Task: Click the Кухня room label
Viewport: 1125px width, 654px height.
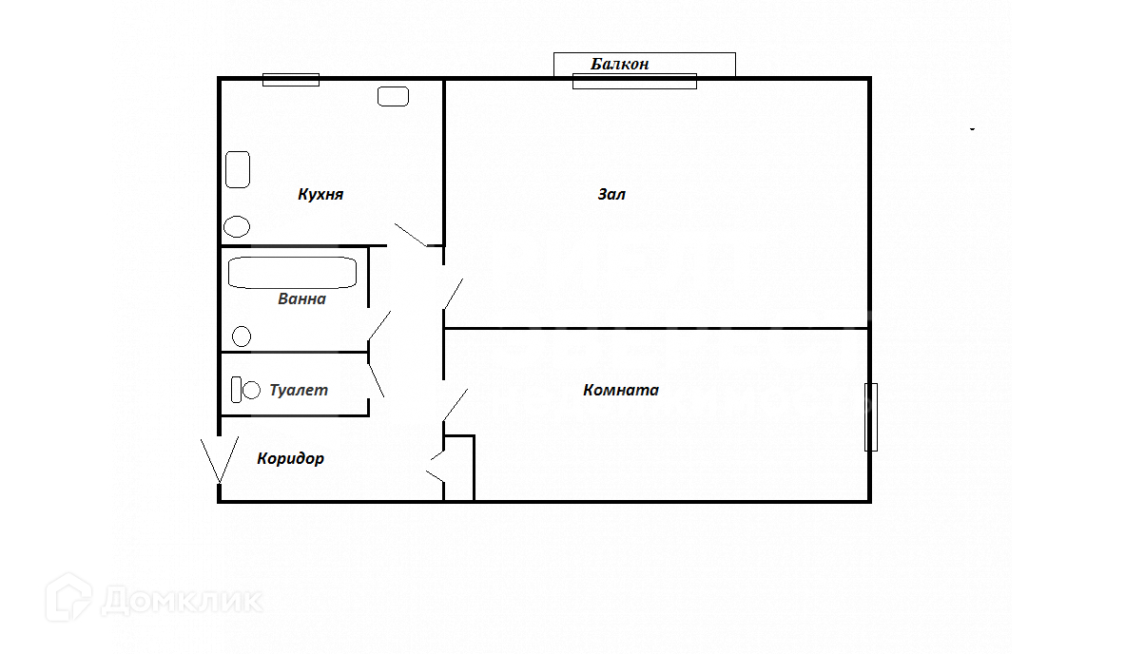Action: coord(320,194)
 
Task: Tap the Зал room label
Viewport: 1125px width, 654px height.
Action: coord(611,194)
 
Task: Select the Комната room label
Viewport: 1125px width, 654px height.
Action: coord(621,390)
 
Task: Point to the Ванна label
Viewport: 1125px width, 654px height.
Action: coord(302,299)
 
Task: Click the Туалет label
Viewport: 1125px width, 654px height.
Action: coord(299,390)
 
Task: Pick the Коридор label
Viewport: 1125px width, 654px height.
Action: coord(291,458)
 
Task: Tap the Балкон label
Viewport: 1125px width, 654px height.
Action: coord(620,64)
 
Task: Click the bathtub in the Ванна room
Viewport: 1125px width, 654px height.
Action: coord(292,273)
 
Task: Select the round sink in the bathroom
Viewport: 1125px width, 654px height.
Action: coord(242,336)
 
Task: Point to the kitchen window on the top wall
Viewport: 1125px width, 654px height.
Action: coord(291,80)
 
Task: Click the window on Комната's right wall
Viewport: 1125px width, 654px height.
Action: coord(871,417)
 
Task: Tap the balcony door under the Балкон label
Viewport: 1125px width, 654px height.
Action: coord(634,81)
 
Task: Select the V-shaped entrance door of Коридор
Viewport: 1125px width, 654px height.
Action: coord(220,460)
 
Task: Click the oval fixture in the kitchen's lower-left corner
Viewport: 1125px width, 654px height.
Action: coord(237,226)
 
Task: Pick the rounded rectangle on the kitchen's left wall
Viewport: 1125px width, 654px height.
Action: coord(238,169)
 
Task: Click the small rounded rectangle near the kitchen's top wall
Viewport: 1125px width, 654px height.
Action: coord(393,96)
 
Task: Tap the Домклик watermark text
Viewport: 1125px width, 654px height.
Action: coord(183,601)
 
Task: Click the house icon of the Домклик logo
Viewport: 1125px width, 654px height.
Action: coord(68,597)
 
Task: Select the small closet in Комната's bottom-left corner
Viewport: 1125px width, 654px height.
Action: coord(459,468)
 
